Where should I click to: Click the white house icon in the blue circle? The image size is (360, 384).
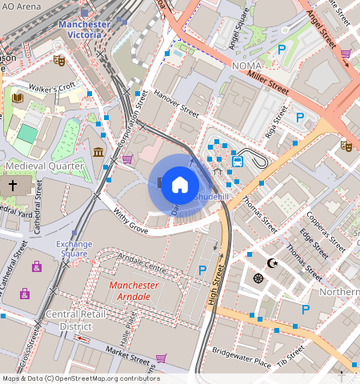point(180,185)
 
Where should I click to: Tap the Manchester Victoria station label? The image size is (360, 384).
point(84,29)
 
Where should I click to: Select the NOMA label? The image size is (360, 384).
point(246,67)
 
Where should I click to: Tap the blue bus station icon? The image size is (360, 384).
point(238,161)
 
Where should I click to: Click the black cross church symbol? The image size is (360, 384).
point(12,186)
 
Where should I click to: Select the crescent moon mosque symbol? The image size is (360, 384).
point(272,262)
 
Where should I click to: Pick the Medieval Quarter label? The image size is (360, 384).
point(44,166)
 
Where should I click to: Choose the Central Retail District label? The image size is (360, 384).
point(68,320)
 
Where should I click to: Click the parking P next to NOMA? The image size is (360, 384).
point(281,50)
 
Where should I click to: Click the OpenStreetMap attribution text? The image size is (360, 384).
point(80,378)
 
